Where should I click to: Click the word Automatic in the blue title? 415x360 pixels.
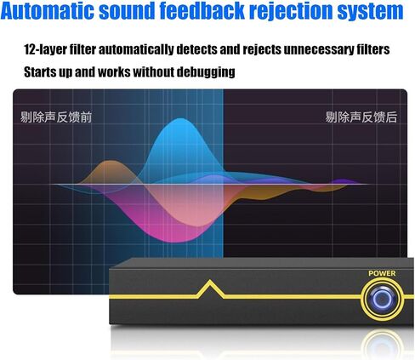47,10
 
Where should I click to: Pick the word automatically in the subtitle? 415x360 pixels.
136,49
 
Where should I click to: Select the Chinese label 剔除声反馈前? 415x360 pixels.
56,117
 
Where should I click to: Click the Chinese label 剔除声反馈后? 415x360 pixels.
361,117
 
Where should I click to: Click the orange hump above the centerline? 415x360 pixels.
109,168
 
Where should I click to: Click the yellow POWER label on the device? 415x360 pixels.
382,273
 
